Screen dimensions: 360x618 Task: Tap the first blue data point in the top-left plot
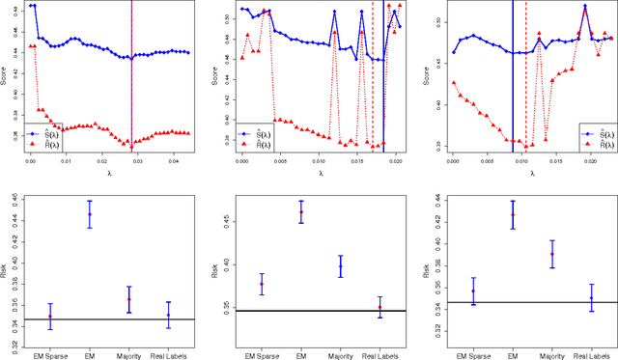(30, 6)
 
